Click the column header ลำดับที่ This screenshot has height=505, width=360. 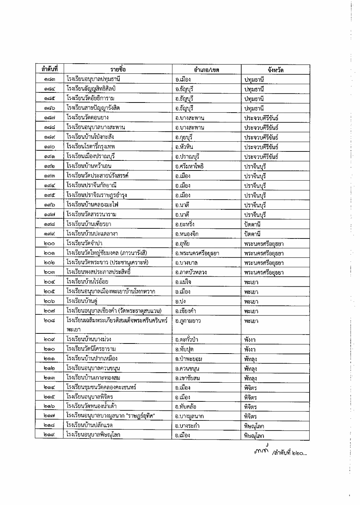(49, 69)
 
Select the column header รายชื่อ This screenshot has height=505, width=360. (118, 69)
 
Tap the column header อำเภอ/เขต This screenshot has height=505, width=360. (206, 70)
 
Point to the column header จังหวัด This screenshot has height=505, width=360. (275, 70)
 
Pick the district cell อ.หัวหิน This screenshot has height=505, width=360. (184, 147)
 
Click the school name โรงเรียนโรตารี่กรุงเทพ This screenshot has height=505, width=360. (90, 146)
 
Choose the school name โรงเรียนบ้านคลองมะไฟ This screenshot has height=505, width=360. (92, 205)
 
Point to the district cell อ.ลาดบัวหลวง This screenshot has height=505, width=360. (191, 272)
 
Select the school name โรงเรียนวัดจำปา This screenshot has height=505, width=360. (84, 244)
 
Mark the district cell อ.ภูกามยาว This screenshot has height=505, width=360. (188, 321)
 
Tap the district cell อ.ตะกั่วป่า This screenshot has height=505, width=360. (186, 340)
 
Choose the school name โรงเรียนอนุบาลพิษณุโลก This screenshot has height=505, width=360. (93, 435)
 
